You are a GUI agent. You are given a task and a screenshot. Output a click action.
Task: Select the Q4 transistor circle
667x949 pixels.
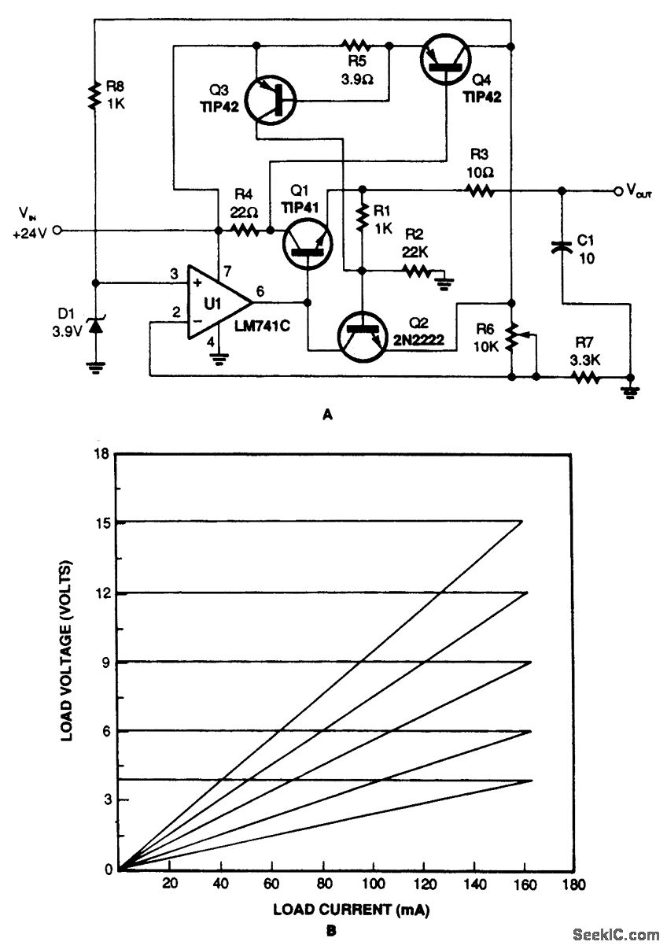click(445, 61)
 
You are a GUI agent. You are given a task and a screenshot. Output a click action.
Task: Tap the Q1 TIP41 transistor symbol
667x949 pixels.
click(308, 244)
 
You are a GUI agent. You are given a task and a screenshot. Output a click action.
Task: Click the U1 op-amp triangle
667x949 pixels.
click(217, 302)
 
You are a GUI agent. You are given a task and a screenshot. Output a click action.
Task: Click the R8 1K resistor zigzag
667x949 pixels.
click(94, 95)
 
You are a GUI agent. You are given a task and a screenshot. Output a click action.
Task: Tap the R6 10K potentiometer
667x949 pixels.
click(513, 337)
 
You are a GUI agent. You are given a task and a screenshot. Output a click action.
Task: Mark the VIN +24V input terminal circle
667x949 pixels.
click(58, 231)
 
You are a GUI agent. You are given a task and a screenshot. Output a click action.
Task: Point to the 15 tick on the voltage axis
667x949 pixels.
click(103, 523)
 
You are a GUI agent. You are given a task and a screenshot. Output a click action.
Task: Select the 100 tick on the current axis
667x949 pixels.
click(373, 884)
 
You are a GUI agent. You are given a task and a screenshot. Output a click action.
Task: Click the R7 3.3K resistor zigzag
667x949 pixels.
click(586, 378)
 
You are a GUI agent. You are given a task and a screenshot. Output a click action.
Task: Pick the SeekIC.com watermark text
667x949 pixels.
click(616, 934)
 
